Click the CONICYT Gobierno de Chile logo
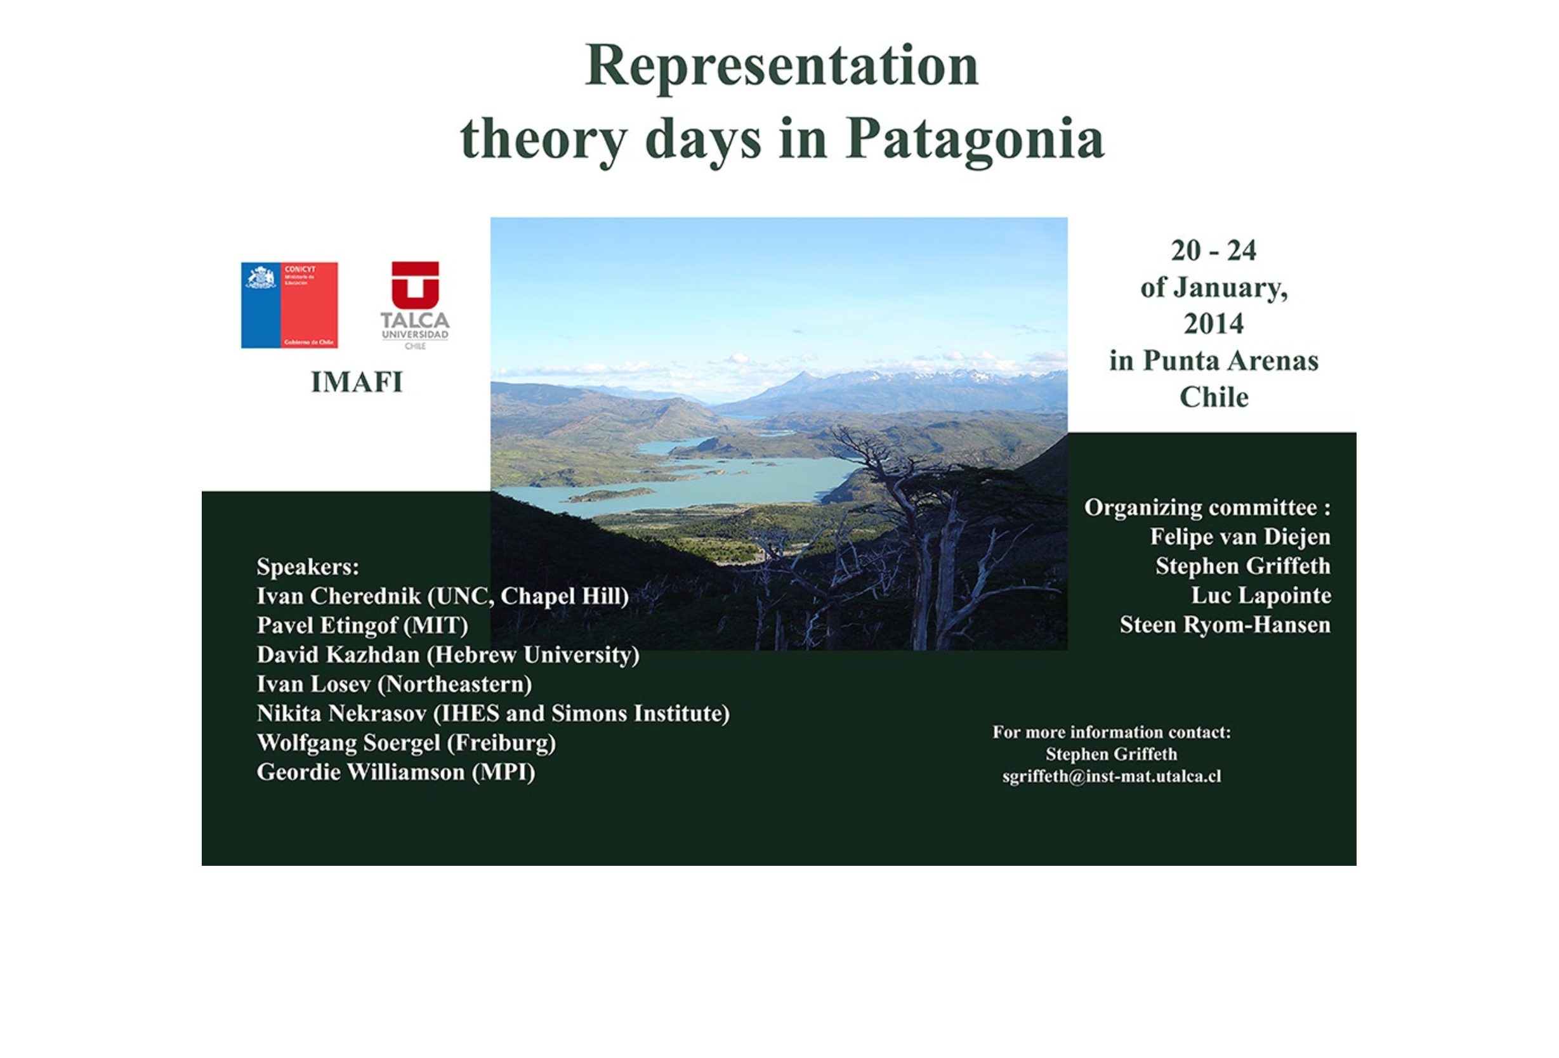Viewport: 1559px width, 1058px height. pyautogui.click(x=289, y=305)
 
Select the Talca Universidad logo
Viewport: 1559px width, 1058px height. pyautogui.click(x=415, y=305)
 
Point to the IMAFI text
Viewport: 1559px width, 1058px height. pyautogui.click(x=357, y=382)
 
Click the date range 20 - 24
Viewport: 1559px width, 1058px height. pyautogui.click(x=1214, y=251)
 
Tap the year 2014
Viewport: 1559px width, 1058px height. pyautogui.click(x=1214, y=324)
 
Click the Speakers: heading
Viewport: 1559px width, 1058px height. pyautogui.click(x=308, y=567)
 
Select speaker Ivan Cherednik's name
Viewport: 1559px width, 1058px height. pyautogui.click(x=339, y=596)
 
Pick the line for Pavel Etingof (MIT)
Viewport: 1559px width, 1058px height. pyautogui.click(x=362, y=625)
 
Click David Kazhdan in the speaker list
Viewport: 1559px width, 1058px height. pyautogui.click(x=338, y=655)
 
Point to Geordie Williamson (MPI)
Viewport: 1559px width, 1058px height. pyautogui.click(x=396, y=773)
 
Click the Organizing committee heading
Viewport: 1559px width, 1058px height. pyautogui.click(x=1207, y=507)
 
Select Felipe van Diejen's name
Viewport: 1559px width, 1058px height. pyautogui.click(x=1240, y=537)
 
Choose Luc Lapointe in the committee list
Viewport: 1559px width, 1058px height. pyautogui.click(x=1261, y=596)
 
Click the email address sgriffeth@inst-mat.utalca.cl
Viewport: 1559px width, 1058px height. pyautogui.click(x=1112, y=776)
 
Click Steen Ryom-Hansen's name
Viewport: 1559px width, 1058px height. pyautogui.click(x=1225, y=625)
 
